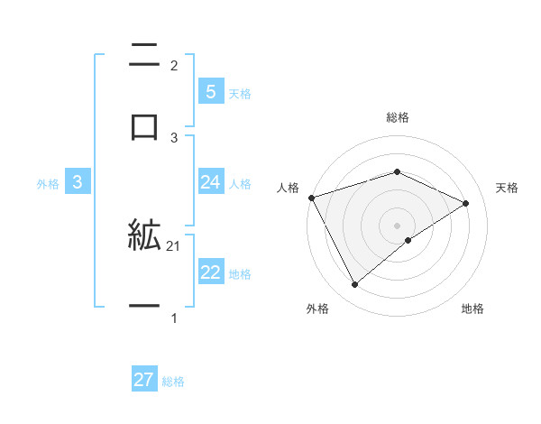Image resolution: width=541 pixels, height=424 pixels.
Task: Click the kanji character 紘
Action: (x=144, y=236)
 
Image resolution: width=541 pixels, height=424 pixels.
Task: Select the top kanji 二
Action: (x=144, y=56)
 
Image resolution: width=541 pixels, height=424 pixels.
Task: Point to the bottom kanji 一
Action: (x=144, y=307)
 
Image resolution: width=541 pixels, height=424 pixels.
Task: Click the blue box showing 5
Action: (x=210, y=92)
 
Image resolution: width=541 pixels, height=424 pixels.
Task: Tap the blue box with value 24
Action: (x=210, y=182)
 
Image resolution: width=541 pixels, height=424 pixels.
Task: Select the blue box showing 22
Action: (x=210, y=272)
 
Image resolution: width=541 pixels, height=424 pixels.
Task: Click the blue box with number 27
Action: (x=144, y=380)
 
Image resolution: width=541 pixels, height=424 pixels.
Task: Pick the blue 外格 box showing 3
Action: (x=78, y=182)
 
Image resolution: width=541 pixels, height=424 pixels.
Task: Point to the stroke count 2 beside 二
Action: (x=174, y=65)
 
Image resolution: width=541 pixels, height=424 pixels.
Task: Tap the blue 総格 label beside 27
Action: (x=173, y=382)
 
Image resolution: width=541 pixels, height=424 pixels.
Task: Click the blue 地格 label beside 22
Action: (x=240, y=274)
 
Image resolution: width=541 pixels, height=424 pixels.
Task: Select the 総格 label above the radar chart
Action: (x=397, y=117)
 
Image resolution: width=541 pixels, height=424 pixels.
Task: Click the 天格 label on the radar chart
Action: (x=507, y=188)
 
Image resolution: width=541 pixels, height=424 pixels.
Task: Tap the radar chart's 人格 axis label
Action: (x=288, y=188)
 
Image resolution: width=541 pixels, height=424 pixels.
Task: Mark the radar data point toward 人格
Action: (x=311, y=198)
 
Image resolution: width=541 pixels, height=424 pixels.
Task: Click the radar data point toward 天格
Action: (x=466, y=203)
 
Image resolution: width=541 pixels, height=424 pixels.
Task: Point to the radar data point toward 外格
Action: (x=354, y=284)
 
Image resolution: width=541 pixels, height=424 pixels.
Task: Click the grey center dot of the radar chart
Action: (x=397, y=225)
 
